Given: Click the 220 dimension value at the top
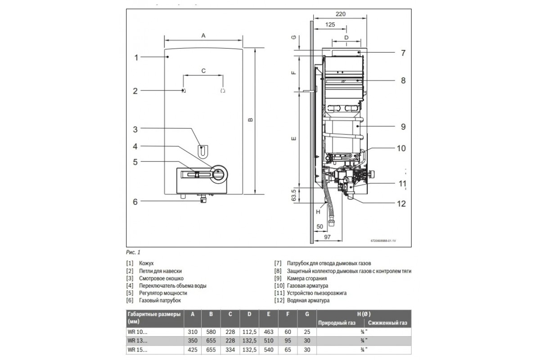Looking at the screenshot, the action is [341, 14].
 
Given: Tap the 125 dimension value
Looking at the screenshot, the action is [330, 25].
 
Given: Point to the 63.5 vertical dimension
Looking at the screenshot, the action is [293, 195].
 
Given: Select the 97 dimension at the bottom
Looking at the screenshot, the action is [327, 237].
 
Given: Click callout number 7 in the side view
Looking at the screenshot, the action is [403, 53].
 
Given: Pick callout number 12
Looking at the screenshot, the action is [401, 204].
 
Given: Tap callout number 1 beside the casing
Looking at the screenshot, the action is [136, 58].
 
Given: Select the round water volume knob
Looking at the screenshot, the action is [219, 174].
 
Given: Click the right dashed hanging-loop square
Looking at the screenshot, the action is [223, 90].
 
